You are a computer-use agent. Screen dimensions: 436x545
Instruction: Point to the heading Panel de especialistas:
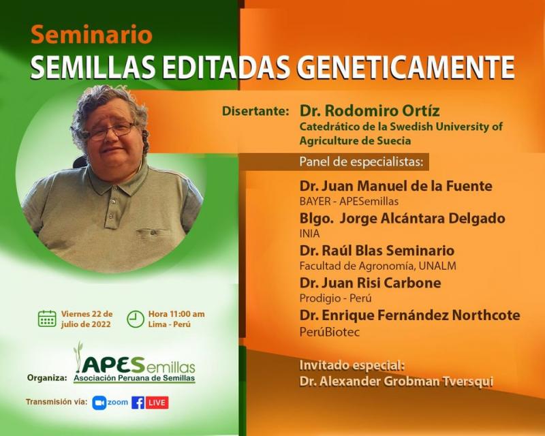(361, 162)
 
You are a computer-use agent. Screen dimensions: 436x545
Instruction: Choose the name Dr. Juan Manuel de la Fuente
(396, 186)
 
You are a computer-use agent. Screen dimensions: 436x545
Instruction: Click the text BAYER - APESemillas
(349, 202)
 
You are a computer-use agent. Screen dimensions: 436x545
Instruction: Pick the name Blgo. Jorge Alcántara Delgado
(402, 218)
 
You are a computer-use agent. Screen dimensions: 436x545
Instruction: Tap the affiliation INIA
(310, 234)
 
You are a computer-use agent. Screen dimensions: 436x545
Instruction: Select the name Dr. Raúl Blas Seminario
(377, 250)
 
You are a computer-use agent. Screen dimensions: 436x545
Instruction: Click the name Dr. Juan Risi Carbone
(370, 282)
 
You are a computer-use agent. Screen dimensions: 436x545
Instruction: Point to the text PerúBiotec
(329, 332)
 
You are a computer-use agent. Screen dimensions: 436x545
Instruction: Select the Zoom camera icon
(99, 403)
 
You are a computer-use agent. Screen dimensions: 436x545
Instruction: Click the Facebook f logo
(138, 403)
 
